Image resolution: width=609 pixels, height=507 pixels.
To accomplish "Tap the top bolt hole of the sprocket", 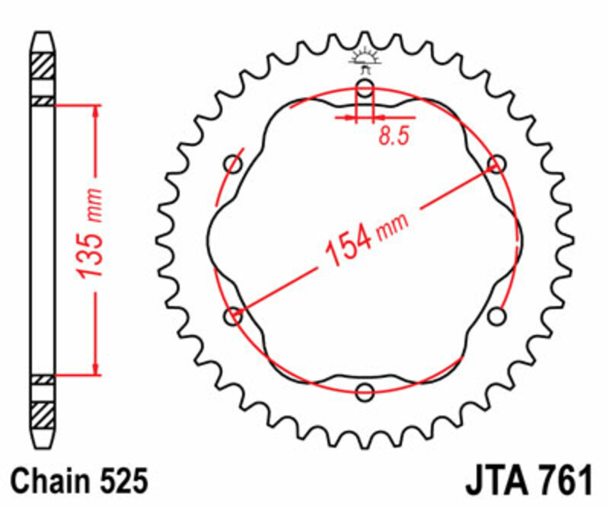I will [365, 89].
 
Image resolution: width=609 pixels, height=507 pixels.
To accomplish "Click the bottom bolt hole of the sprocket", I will [365, 392].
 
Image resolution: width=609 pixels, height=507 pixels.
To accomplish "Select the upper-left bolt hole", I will [234, 164].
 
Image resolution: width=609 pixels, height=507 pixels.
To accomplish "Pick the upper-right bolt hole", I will [497, 164].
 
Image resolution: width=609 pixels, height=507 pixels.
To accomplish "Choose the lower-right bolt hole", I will [497, 316].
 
